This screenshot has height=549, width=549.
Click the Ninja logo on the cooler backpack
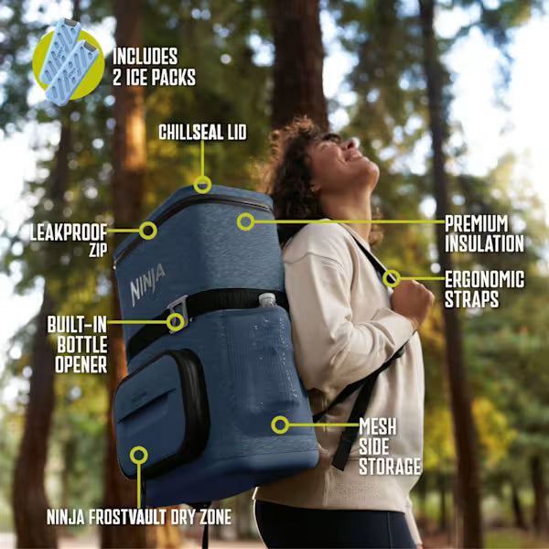(147, 285)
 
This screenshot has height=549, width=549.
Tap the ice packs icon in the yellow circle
(69, 62)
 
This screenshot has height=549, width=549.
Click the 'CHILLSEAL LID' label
(202, 133)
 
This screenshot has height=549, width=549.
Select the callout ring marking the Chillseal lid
(202, 185)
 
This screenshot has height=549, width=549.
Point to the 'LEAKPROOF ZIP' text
(69, 241)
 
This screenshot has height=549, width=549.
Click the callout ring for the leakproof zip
(147, 231)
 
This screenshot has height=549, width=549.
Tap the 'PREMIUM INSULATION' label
(484, 233)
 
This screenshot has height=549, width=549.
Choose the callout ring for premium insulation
(245, 221)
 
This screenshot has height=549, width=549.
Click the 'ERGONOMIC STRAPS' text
(485, 289)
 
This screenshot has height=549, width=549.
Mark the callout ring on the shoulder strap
(392, 279)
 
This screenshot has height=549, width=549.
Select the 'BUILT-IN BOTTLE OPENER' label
(78, 345)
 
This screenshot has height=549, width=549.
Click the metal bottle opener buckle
(178, 313)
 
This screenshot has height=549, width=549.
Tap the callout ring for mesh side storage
(280, 425)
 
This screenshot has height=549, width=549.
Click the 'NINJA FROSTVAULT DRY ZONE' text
(139, 517)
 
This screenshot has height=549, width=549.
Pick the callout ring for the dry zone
(139, 455)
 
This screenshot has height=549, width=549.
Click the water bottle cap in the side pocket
(267, 298)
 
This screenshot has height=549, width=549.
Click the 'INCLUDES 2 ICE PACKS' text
(154, 67)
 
